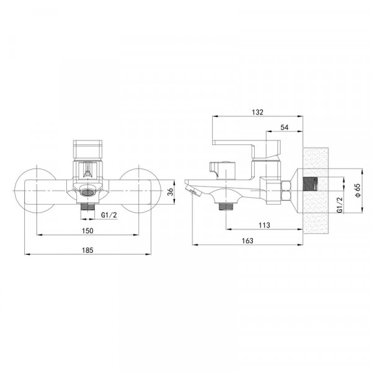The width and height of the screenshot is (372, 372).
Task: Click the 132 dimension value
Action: pyautogui.click(x=258, y=112)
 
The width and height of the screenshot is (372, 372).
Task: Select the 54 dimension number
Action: pyautogui.click(x=285, y=127)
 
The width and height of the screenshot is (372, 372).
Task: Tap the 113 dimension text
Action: pyautogui.click(x=264, y=225)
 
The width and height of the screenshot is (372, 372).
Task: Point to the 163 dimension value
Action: pyautogui.click(x=247, y=241)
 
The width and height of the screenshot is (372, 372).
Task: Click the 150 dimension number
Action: pyautogui.click(x=87, y=231)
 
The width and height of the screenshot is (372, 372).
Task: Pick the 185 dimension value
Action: pyautogui.click(x=87, y=250)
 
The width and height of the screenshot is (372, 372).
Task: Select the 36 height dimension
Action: pyautogui.click(x=170, y=192)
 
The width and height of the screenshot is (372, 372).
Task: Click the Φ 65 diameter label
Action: pyautogui.click(x=358, y=190)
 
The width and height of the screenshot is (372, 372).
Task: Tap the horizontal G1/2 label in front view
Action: pyautogui.click(x=109, y=215)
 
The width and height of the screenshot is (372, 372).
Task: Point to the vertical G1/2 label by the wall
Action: pyautogui.click(x=340, y=205)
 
